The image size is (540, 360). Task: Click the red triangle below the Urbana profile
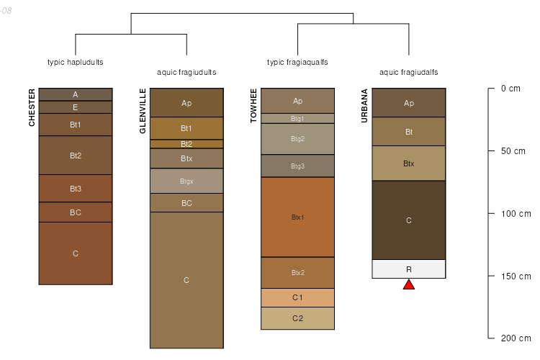pyautogui.click(x=409, y=284)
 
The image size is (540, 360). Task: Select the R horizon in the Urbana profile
pyautogui.click(x=409, y=269)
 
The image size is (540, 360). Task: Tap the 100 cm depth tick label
pyautogui.click(x=515, y=214)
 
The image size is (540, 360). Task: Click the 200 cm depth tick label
pyautogui.click(x=515, y=338)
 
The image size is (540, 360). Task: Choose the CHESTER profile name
pyautogui.click(x=32, y=108)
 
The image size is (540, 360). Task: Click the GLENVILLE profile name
pyautogui.click(x=143, y=111)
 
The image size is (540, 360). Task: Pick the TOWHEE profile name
pyautogui.click(x=253, y=107)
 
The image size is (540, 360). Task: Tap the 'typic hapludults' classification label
pyautogui.click(x=76, y=62)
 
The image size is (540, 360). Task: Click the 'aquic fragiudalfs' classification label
pyautogui.click(x=409, y=72)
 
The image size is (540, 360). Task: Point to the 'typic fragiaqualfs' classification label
pyautogui.click(x=297, y=62)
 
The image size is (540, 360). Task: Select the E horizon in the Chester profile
pyautogui.click(x=76, y=107)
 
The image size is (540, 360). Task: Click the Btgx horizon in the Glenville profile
pyautogui.click(x=186, y=181)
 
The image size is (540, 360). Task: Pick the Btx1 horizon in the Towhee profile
pyautogui.click(x=297, y=217)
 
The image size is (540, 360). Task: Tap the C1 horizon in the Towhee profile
pyautogui.click(x=297, y=297)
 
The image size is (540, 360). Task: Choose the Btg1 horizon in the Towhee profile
pyautogui.click(x=297, y=118)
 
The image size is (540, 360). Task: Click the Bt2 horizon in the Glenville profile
pyautogui.click(x=186, y=144)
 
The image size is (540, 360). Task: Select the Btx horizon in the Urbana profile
pyautogui.click(x=409, y=163)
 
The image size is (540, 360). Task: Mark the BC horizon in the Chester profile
pyautogui.click(x=76, y=212)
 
